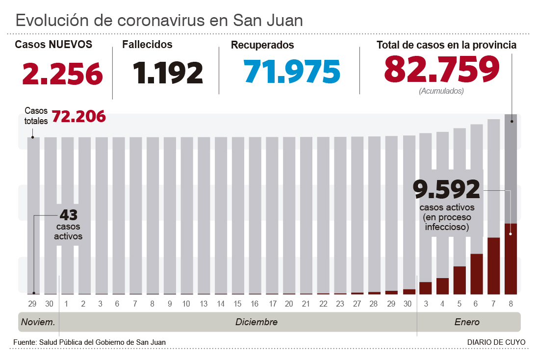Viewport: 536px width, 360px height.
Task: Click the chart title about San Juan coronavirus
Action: click(159, 20)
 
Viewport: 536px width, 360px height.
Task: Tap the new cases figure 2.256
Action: click(63, 73)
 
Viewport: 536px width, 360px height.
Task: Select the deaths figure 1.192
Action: click(168, 73)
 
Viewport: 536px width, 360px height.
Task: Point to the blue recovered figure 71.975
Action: click(292, 71)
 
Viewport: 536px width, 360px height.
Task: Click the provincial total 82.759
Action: click(441, 69)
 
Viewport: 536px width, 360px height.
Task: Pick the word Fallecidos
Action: click(147, 45)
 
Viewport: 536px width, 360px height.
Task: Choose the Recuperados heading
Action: click(262, 45)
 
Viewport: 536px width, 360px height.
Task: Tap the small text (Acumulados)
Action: click(441, 91)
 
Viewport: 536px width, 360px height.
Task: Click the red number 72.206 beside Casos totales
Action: click(78, 117)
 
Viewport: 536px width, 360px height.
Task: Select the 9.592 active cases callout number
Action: click(446, 190)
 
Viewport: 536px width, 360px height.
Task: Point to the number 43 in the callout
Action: click(69, 215)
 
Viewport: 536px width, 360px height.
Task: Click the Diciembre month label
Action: click(256, 322)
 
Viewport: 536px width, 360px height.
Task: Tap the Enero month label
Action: click(466, 322)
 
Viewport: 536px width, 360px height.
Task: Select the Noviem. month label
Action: click(38, 322)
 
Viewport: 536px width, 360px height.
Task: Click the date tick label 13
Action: click(204, 304)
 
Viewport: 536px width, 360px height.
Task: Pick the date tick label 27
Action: click(357, 304)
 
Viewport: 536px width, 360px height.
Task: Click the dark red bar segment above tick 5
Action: click(459, 280)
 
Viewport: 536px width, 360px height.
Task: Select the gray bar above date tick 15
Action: click(238, 216)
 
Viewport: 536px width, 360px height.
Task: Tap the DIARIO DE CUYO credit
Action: click(496, 342)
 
